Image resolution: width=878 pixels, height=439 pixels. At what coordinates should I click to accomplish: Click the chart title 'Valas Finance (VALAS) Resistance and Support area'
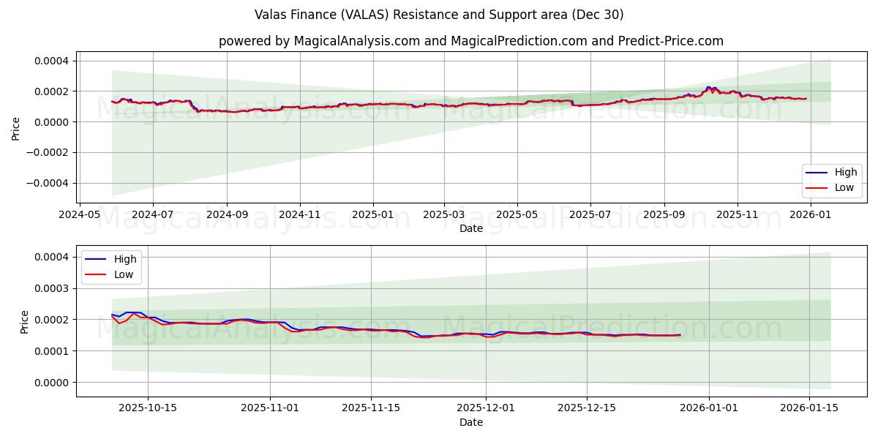[x=439, y=15]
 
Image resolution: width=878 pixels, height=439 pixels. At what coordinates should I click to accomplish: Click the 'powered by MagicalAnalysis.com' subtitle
[x=470, y=41]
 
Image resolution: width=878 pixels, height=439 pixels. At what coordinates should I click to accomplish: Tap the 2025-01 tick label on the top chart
[x=372, y=215]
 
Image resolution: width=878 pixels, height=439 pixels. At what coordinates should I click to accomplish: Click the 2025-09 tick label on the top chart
[x=664, y=215]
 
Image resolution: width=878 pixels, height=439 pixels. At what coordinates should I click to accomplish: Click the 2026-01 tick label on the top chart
[x=811, y=215]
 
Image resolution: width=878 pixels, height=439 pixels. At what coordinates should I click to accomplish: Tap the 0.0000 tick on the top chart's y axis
[x=52, y=122]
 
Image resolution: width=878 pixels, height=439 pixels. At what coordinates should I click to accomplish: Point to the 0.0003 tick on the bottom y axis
[x=52, y=288]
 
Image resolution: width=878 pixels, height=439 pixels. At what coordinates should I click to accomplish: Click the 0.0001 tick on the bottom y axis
[x=52, y=351]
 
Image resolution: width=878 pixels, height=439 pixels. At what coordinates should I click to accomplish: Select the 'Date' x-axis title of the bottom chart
[x=470, y=422]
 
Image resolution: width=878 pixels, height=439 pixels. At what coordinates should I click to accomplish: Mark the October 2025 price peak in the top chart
[x=708, y=87]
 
